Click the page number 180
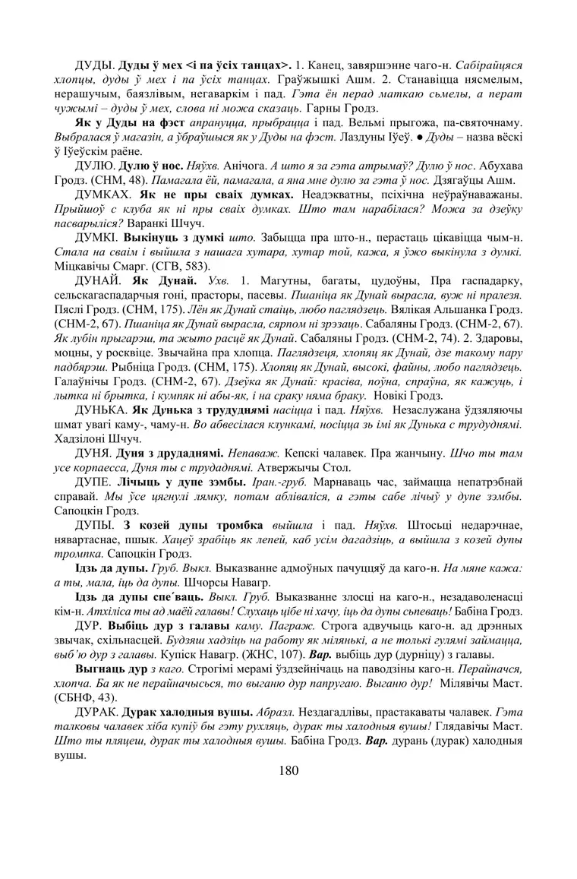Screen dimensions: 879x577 (x=288, y=770)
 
